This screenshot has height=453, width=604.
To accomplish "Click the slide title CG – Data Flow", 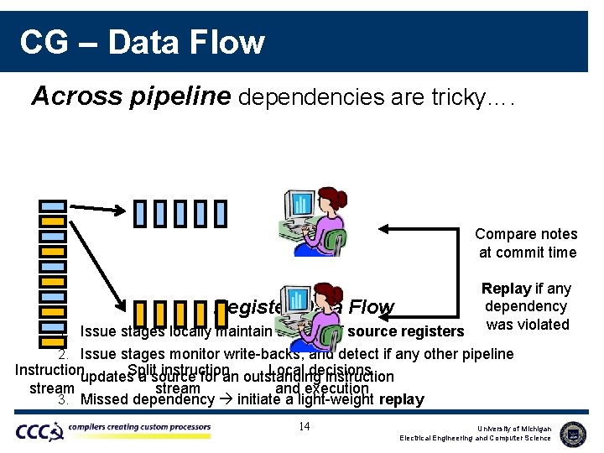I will [142, 42].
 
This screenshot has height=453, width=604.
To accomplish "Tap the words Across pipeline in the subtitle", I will [131, 97].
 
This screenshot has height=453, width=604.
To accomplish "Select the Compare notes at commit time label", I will [526, 243].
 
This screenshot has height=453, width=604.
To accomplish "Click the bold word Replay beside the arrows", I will [506, 289].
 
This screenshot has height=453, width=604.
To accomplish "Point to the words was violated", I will [528, 325].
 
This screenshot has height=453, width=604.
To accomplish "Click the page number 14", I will [305, 427].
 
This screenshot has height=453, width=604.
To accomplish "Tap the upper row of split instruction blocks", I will [180, 214].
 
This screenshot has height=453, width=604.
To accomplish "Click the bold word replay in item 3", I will [401, 399].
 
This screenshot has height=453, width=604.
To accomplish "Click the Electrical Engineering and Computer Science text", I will [476, 439].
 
